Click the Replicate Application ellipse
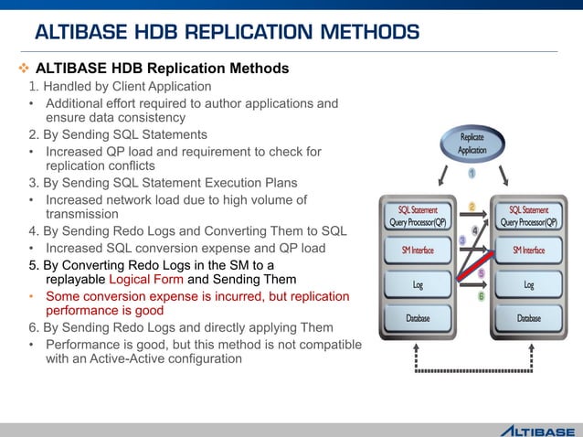pos(472,144)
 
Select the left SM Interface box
pos(418,250)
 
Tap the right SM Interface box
pos(528,250)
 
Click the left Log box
pos(418,285)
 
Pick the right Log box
pos(528,285)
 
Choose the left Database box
pos(418,318)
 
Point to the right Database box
pos(528,318)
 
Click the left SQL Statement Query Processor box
pos(418,216)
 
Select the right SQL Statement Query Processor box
pos(528,216)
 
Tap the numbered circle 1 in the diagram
pos(472,173)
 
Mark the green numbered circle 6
pos(481,295)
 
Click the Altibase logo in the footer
pos(536,430)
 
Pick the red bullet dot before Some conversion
pos(32,296)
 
